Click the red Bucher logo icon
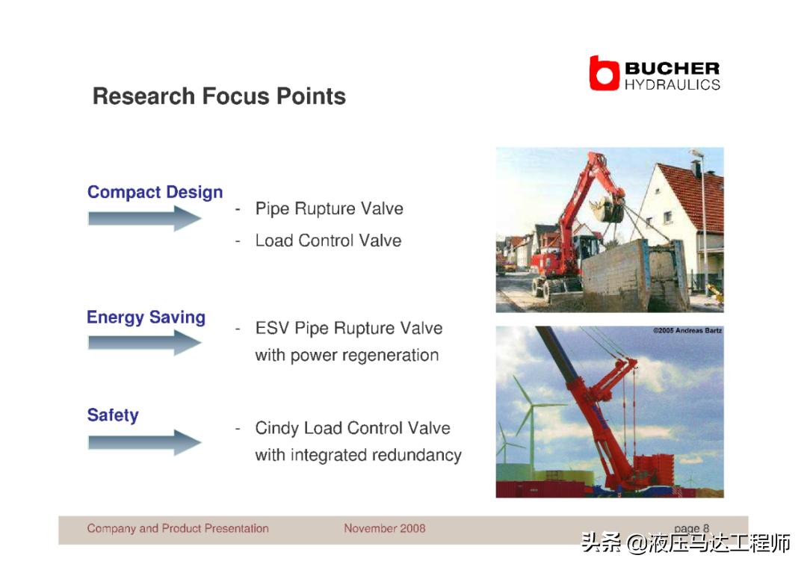point(604,73)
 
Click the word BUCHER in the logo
point(672,69)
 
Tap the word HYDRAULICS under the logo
point(672,85)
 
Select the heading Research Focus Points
point(219,96)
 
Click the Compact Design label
point(155,192)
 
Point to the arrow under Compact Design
point(145,218)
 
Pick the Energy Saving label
point(146,317)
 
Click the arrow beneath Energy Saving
point(145,343)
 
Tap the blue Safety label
point(113,415)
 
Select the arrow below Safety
point(145,442)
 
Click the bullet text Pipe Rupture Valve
point(330,209)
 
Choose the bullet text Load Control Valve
point(328,241)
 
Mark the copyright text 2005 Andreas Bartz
point(687,330)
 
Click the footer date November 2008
point(385,528)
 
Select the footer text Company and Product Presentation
point(178,528)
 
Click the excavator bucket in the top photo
point(607,209)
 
